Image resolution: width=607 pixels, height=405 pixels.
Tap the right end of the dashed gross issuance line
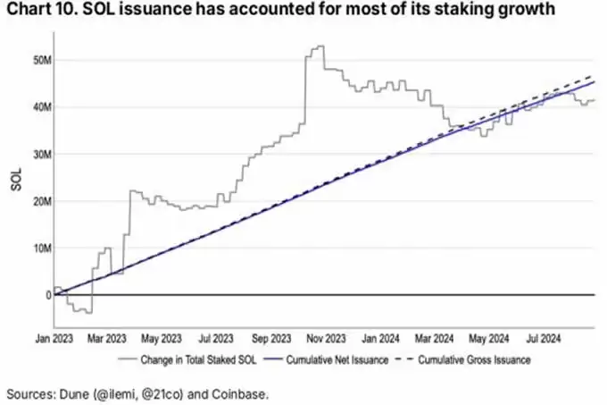click(x=594, y=76)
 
